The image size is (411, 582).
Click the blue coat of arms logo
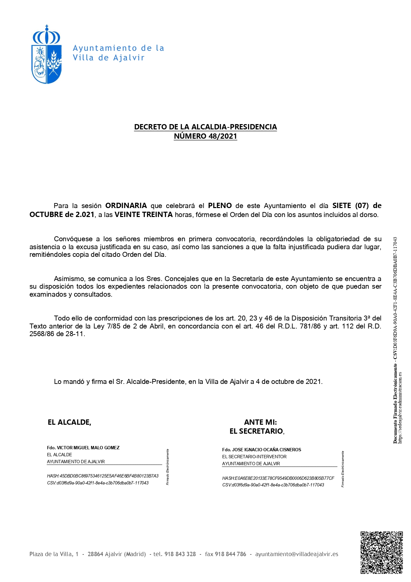[47, 55]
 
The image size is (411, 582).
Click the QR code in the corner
[382, 552]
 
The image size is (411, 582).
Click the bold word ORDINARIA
[126, 206]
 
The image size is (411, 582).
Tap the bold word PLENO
[220, 206]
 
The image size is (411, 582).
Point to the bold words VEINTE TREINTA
[144, 215]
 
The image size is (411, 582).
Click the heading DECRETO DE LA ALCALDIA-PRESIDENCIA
[205, 127]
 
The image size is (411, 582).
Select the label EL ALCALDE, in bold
[70, 422]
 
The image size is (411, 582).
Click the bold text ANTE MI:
[260, 422]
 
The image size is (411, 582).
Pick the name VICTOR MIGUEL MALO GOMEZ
[88, 448]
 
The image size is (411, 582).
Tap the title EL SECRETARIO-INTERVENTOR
[254, 457]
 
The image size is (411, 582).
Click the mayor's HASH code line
[103, 476]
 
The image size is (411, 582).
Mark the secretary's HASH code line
[278, 478]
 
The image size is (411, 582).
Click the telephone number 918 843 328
[180, 554]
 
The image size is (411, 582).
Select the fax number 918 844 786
[231, 554]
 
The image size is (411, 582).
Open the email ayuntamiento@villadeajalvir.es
[297, 554]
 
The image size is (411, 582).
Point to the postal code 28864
[95, 554]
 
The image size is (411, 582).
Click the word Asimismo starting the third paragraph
[69, 279]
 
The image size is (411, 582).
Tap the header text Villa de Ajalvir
[109, 58]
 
